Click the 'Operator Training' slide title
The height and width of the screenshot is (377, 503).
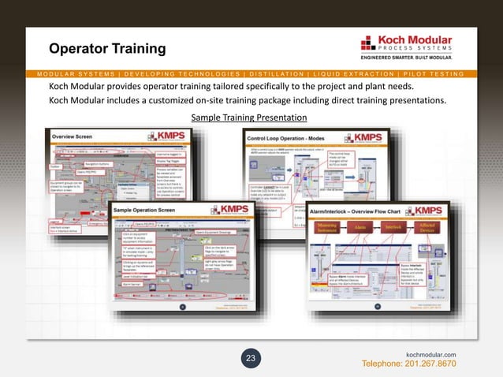coord(107,50)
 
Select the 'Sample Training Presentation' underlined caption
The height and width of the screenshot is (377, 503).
coord(249,118)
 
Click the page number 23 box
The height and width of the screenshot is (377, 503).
coord(251,360)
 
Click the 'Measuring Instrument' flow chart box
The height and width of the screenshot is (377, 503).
coord(326,227)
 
